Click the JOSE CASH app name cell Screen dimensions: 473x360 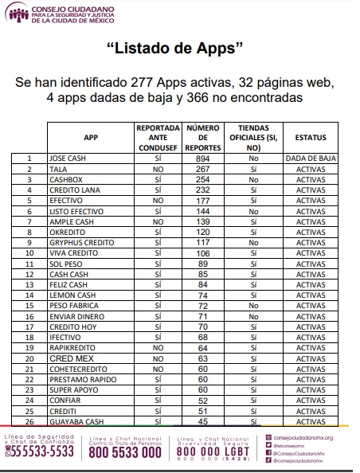coord(68,158)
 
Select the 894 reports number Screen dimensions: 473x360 coord(202,158)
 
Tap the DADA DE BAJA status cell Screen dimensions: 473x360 coord(311,158)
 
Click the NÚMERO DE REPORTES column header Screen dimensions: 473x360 coord(202,137)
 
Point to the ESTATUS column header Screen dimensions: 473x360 coord(311,137)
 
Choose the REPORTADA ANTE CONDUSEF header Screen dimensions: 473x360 coord(158,137)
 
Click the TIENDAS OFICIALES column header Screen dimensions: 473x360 coord(253,137)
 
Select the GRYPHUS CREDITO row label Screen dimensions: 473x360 coord(78,242)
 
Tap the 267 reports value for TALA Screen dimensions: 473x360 coord(202,169)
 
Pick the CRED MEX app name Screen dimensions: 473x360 coord(67,358)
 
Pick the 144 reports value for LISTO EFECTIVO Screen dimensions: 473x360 coord(202,211)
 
